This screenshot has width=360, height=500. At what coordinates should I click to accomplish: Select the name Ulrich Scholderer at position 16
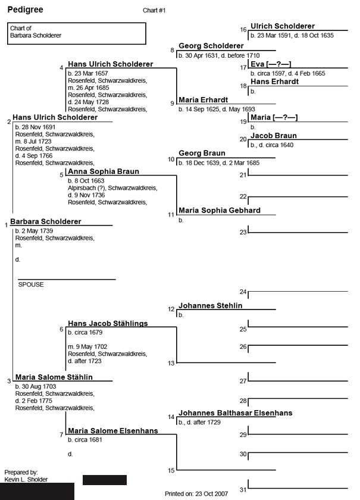pyautogui.click(x=283, y=26)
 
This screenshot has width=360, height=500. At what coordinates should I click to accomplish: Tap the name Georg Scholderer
pyautogui.click(x=211, y=46)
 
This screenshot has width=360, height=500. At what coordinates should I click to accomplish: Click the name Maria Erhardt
pyautogui.click(x=203, y=99)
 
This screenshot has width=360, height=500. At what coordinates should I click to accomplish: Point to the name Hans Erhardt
pyautogui.click(x=274, y=82)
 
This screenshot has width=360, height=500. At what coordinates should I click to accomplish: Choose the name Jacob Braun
pyautogui.click(x=273, y=136)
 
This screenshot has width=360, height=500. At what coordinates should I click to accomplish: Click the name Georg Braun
pyautogui.click(x=202, y=153)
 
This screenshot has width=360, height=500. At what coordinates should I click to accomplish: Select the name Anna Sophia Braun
pyautogui.click(x=104, y=171)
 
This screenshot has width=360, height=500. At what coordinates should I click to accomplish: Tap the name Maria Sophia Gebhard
pyautogui.click(x=220, y=210)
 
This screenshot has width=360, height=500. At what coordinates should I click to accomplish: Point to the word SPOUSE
pyautogui.click(x=31, y=285)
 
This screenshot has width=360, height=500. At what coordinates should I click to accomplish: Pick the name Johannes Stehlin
pyautogui.click(x=211, y=306)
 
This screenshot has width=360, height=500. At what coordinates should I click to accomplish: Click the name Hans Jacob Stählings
pyautogui.click(x=108, y=323)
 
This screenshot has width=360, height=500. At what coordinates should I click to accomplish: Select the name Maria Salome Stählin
pyautogui.click(x=54, y=377)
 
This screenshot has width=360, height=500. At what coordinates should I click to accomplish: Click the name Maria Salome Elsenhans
pyautogui.click(x=113, y=430)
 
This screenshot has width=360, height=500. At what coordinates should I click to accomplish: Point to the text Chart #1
pyautogui.click(x=154, y=11)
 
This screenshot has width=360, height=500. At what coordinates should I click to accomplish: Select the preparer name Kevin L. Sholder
pyautogui.click(x=26, y=479)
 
